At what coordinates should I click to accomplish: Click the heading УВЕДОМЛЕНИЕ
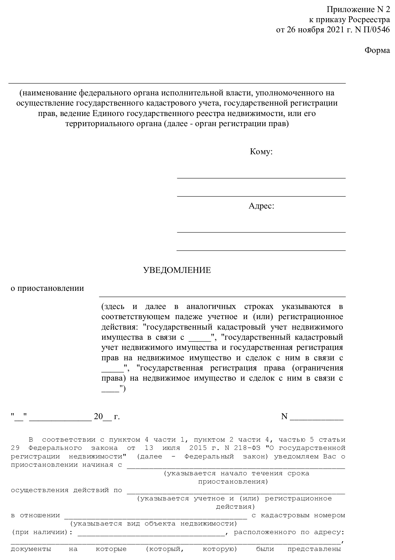177,270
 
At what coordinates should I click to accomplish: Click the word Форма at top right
377,50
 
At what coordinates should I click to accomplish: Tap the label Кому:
261,152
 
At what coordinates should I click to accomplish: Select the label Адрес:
261,206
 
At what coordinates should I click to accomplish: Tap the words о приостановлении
47,288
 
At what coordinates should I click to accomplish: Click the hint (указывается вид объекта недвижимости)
153,523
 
